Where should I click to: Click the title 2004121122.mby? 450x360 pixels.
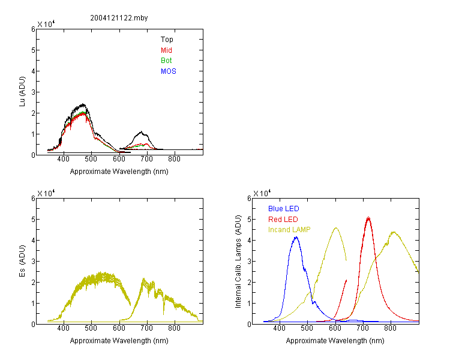pos(119,18)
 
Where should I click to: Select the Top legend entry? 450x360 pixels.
pos(167,40)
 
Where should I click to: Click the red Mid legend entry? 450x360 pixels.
pos(166,50)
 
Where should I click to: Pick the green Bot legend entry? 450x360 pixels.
pos(166,61)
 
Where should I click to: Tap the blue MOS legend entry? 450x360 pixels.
pos(169,71)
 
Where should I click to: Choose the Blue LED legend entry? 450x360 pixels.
pos(284,209)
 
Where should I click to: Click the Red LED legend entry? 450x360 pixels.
pos(283,220)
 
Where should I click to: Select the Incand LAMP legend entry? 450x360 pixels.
pos(289,230)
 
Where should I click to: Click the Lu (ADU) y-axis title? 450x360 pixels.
pos(22,92)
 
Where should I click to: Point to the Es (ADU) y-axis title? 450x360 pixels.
pos(22,261)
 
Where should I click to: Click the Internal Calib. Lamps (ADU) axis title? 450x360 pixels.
pos(238,262)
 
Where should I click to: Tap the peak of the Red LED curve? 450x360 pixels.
pos(368,217)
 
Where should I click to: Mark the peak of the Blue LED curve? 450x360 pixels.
pos(296,237)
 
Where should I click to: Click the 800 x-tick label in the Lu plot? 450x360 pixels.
pos(174,159)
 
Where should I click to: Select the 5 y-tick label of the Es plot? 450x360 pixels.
pos(33,220)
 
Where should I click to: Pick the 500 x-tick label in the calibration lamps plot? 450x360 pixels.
pos(307,328)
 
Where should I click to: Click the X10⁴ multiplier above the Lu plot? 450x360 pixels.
pos(46,24)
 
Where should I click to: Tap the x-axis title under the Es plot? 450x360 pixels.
pos(119,341)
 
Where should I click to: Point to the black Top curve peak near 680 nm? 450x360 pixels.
pos(141,132)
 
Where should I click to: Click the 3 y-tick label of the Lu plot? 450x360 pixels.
pos(33,92)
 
